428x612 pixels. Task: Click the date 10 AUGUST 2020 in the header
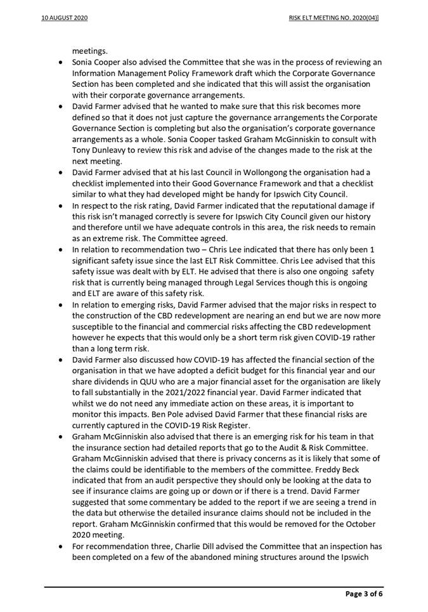point(65,18)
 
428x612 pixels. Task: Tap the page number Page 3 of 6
point(364,594)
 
